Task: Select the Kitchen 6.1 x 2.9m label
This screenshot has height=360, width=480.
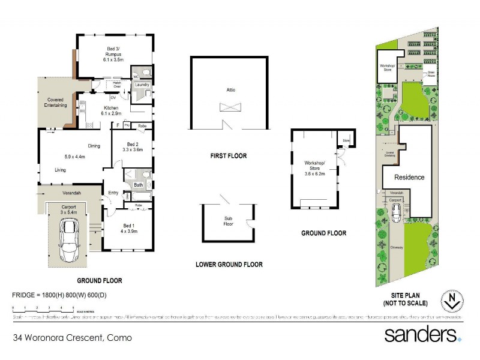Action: click(112, 110)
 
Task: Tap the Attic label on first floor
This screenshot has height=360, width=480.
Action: click(230, 89)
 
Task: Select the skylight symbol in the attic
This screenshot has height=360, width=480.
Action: click(230, 107)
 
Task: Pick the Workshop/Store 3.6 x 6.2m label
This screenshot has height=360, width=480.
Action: click(314, 167)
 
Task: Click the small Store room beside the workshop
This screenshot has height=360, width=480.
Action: click(346, 141)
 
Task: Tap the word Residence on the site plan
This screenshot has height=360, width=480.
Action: click(409, 177)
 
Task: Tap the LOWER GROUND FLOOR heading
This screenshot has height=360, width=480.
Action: click(229, 264)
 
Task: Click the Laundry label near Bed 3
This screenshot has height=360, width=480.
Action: click(142, 85)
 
